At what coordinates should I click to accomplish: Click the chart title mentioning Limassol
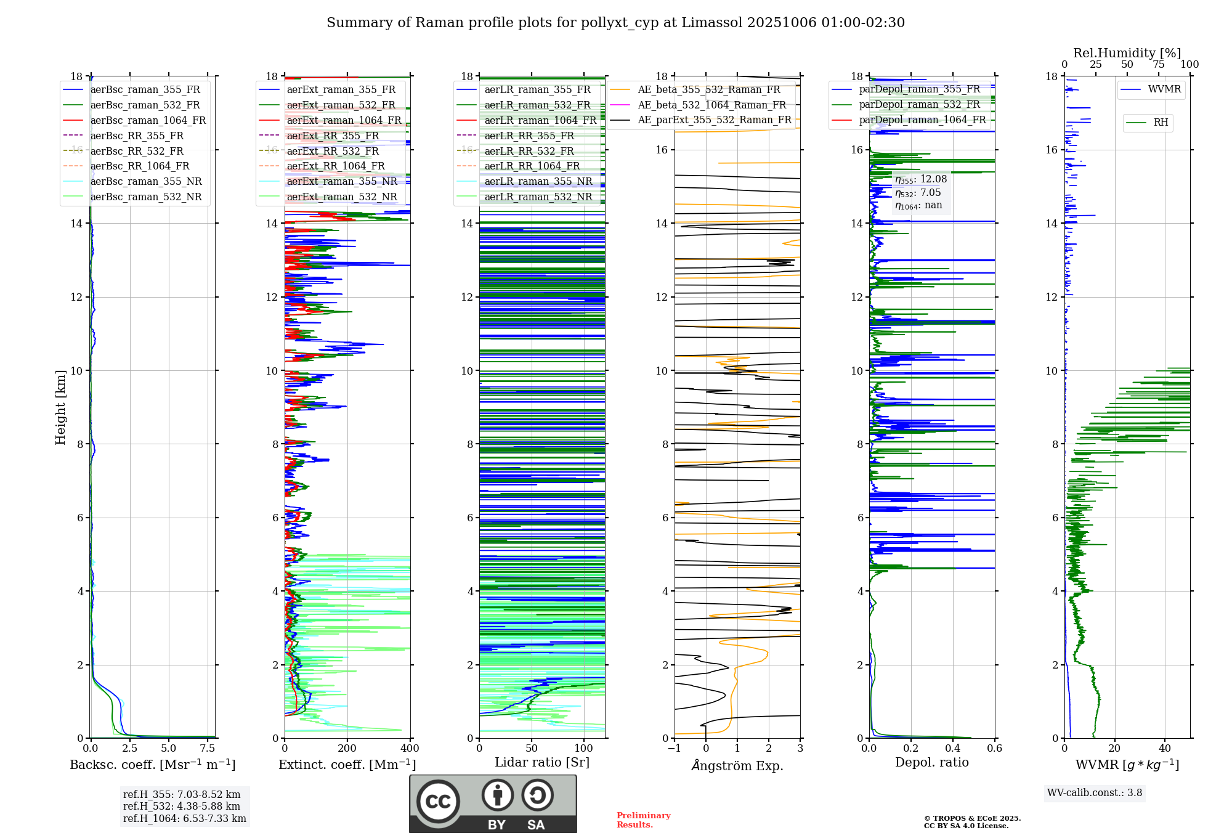click(615, 23)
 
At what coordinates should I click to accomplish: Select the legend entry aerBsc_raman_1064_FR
click(148, 120)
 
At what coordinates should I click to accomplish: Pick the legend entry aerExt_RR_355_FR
click(333, 136)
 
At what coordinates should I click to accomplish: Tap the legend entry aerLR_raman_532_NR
click(538, 197)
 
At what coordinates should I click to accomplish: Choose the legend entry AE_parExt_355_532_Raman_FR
click(714, 120)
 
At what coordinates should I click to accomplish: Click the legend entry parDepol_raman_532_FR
click(919, 104)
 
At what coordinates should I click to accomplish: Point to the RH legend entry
click(1161, 123)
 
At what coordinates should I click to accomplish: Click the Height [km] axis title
click(60, 407)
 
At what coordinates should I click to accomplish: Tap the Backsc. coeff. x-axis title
click(153, 765)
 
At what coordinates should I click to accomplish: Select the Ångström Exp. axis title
click(737, 766)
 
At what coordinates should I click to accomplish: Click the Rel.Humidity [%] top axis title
click(1127, 53)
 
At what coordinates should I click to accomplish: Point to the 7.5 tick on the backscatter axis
click(208, 749)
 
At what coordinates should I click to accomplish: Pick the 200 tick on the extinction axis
click(347, 749)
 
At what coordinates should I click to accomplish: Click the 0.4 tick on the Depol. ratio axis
click(952, 749)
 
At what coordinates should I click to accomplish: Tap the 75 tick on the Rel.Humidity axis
click(1158, 65)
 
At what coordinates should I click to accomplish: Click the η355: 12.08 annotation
click(921, 179)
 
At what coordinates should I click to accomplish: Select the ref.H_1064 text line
click(184, 818)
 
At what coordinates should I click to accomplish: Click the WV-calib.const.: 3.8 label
click(1095, 793)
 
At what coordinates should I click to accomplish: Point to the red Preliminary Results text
click(643, 820)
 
